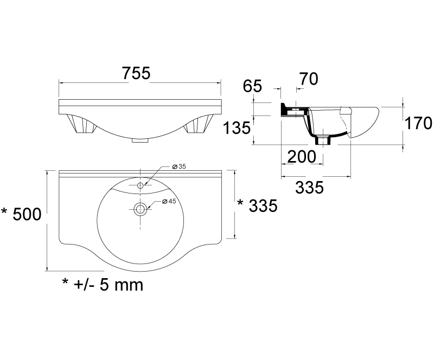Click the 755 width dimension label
(x=136, y=73)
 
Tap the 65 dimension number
(x=252, y=86)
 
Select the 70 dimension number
(x=309, y=79)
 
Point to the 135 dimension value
(x=237, y=128)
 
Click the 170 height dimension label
(x=418, y=123)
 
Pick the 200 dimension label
(x=302, y=157)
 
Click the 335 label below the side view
(x=309, y=188)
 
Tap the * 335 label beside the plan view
(x=257, y=206)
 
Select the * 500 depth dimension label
(x=21, y=214)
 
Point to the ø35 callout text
(x=179, y=166)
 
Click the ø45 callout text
(x=169, y=201)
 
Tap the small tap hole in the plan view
(x=141, y=185)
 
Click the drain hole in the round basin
(x=141, y=209)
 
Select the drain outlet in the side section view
(x=323, y=140)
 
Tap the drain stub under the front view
(x=141, y=140)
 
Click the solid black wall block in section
(x=284, y=110)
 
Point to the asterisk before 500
(x=5, y=211)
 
